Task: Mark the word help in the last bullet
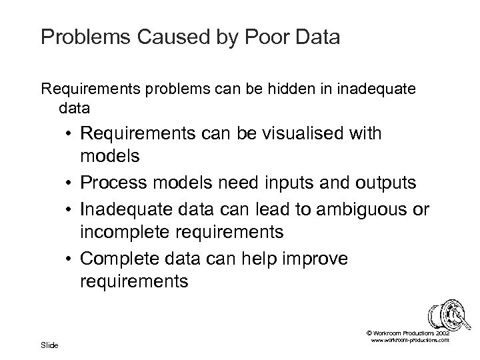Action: pos(257,258)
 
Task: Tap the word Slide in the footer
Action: pos(49,345)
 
